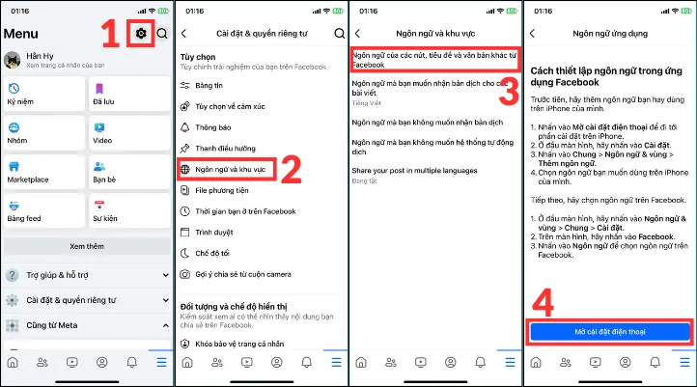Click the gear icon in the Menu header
click(x=141, y=34)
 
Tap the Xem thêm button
click(x=87, y=246)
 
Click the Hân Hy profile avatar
click(x=14, y=60)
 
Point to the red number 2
click(x=295, y=170)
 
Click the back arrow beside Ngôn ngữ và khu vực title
click(x=359, y=34)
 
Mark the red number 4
click(x=543, y=303)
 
